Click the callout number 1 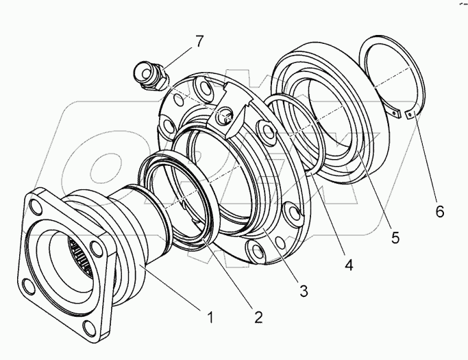(211, 317)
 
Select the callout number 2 (258, 317)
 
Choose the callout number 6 (439, 211)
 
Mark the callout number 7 (199, 41)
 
